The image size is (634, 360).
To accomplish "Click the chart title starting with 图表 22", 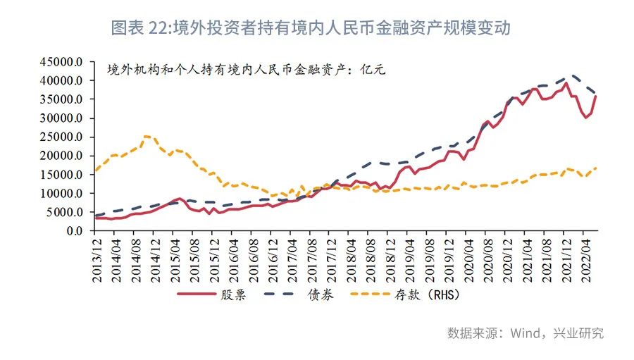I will (x=311, y=27).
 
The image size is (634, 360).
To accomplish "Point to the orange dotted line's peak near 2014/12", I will (x=147, y=136).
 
